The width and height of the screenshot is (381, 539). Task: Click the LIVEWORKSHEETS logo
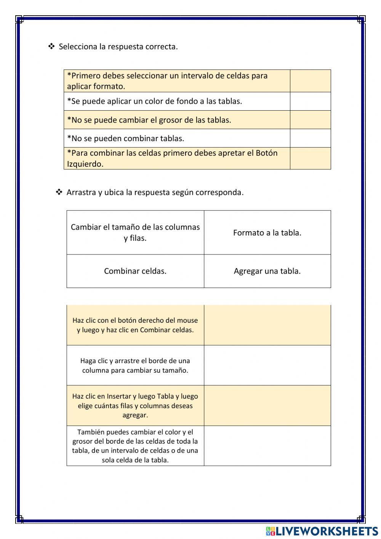pos(322,531)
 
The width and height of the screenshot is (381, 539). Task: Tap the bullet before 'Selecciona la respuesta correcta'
pos(51,47)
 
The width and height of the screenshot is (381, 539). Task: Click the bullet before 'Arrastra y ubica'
pos(59,192)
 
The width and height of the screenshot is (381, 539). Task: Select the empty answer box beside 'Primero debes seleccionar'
pos(310,81)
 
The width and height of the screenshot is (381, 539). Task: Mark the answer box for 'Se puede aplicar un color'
pos(310,101)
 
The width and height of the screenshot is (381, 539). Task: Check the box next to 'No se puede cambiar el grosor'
pos(310,120)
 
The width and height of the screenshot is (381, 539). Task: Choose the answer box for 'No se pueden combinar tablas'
pos(310,138)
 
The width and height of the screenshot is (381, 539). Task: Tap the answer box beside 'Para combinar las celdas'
pos(310,158)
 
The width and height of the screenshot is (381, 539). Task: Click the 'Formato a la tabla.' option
pos(267,233)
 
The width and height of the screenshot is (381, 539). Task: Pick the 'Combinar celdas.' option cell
pos(135,271)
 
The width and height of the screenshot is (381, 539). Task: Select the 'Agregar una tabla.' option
pos(267,271)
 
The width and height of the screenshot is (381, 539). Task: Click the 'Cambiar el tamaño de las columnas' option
pos(135,232)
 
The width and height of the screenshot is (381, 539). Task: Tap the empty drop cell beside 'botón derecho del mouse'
pos(267,325)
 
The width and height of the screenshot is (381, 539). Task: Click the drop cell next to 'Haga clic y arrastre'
pos(267,365)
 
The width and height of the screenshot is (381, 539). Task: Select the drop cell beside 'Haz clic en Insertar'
pos(267,405)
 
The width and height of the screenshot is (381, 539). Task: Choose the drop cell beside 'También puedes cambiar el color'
pos(267,446)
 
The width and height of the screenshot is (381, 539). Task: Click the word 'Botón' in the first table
pos(266,153)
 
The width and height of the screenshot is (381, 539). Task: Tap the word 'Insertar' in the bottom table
pos(119,396)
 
